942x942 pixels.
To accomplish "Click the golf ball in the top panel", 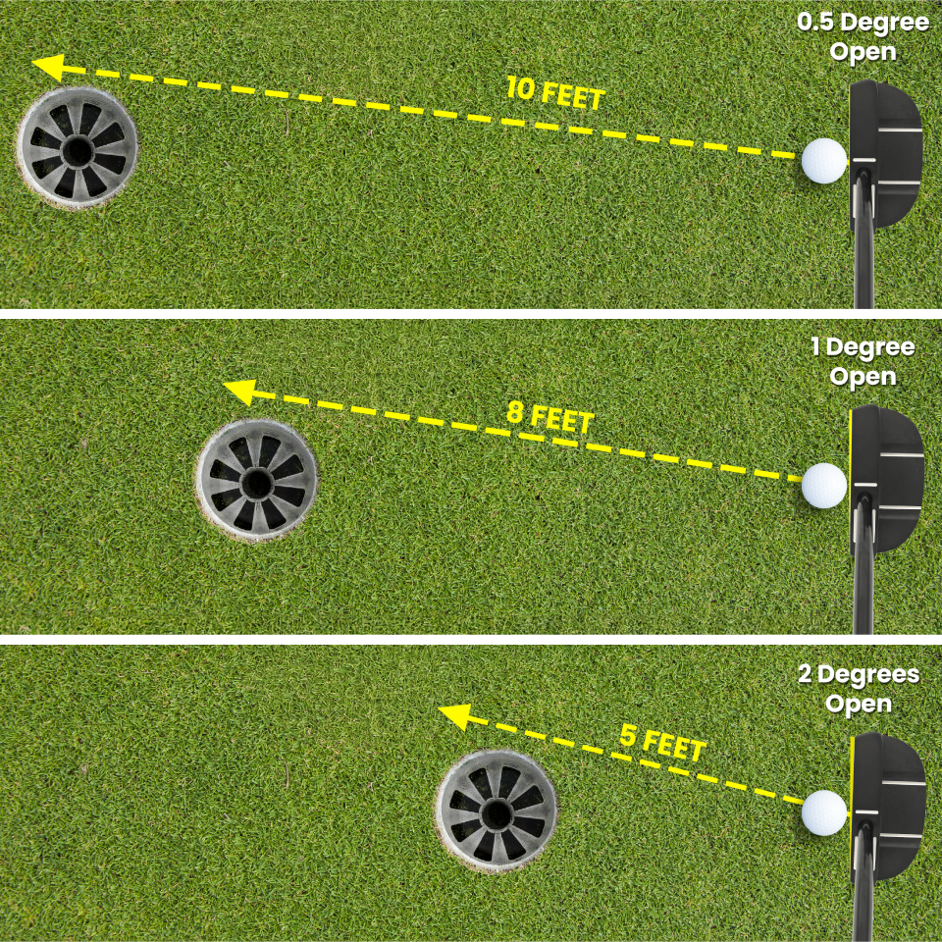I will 824,161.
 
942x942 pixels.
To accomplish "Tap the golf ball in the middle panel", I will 824,485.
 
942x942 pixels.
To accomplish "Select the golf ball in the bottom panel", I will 824,812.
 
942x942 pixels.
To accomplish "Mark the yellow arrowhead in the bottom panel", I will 452,717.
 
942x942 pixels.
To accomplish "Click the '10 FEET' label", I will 555,94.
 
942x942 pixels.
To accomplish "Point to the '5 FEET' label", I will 663,742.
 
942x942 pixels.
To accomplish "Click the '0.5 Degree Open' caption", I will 863,37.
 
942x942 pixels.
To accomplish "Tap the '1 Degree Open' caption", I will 863,361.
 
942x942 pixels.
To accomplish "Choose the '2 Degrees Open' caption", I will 859,689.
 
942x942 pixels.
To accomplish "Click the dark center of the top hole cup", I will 76,150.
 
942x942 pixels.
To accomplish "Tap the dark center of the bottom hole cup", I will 497,812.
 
